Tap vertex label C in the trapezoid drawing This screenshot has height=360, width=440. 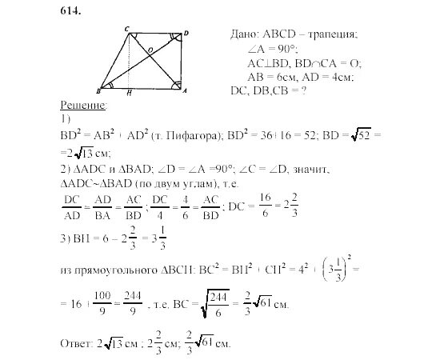point(126,30)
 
